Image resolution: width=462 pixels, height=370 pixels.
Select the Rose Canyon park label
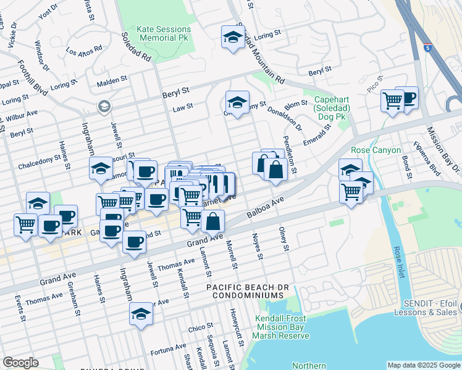click(376, 150)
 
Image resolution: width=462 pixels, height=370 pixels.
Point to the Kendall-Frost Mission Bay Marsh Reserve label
click(282, 327)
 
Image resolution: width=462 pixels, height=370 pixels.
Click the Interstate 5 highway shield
click(427, 47)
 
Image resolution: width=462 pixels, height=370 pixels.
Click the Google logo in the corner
click(20, 363)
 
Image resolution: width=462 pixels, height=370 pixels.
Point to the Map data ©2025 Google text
click(424, 365)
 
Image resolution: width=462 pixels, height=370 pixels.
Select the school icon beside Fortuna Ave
click(141, 314)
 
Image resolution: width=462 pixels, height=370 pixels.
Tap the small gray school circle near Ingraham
click(104, 107)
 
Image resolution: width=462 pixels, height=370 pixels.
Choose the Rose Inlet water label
click(396, 261)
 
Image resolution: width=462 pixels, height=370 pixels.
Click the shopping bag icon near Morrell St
click(212, 221)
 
